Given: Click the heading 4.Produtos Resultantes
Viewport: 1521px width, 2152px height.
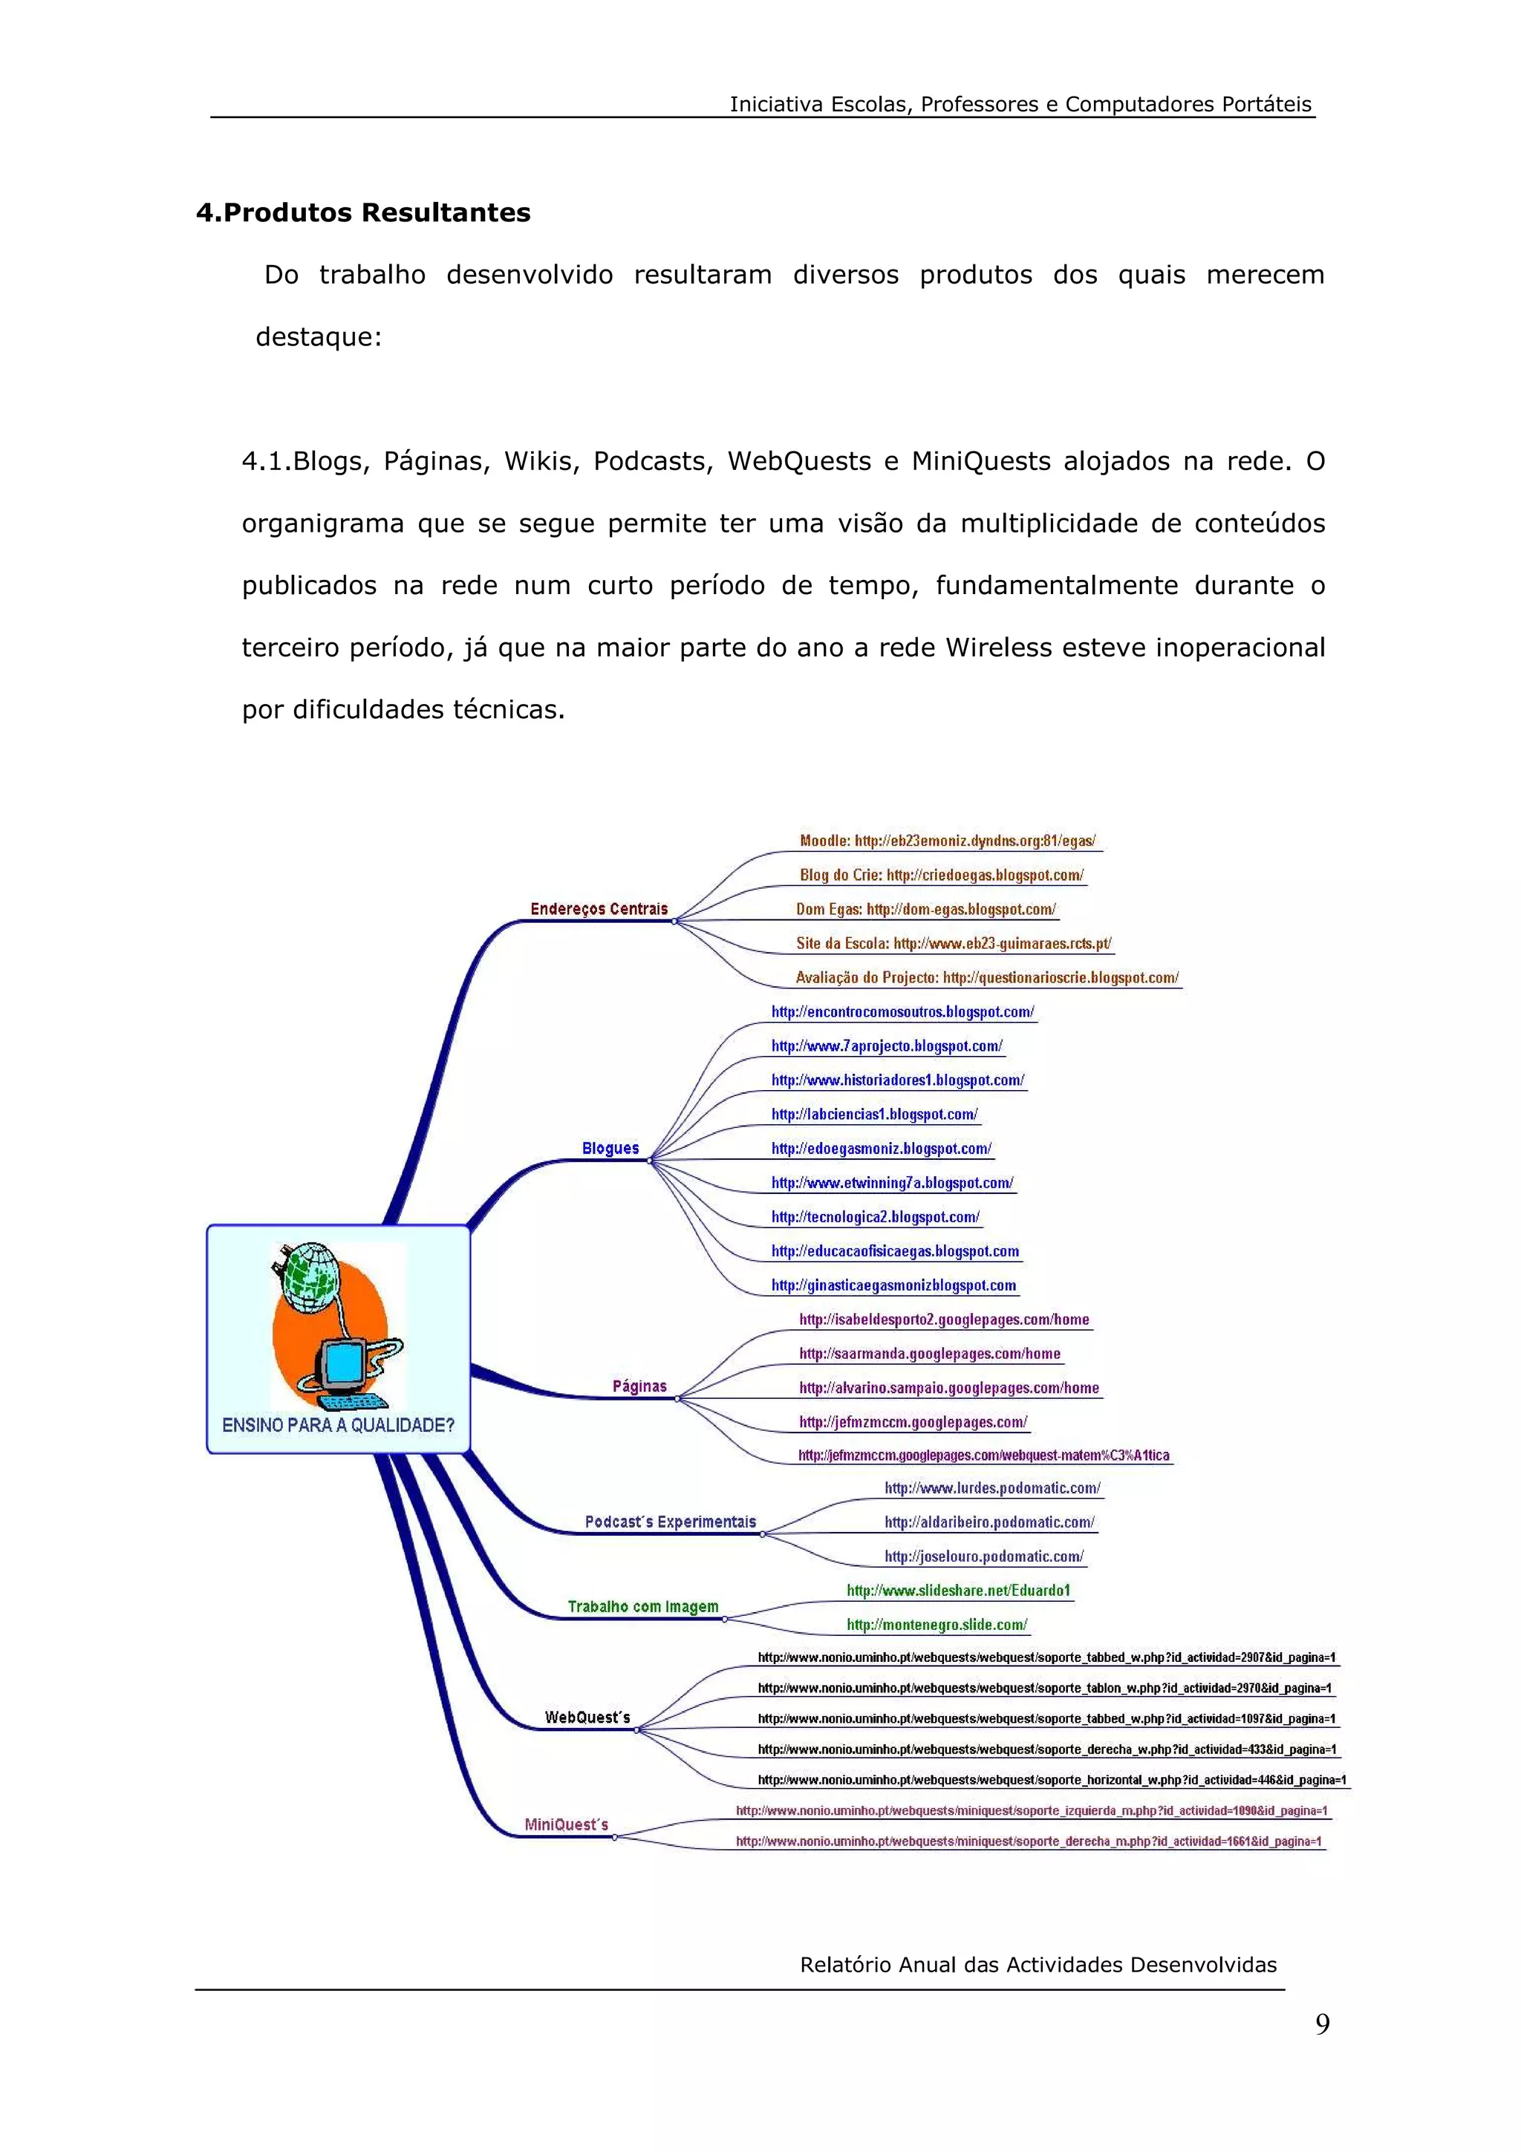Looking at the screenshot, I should (x=362, y=213).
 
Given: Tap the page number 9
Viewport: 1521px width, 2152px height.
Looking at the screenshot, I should (x=1321, y=2024).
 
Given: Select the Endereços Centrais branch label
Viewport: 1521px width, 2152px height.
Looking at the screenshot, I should (x=599, y=908).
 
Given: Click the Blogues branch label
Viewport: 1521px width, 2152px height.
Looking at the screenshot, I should (x=610, y=1148).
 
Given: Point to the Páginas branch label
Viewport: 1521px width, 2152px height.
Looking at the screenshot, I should (x=639, y=1386).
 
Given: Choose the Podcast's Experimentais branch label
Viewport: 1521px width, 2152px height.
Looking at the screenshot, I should (x=670, y=1522).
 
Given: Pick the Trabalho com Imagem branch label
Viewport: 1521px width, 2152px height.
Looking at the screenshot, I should (x=643, y=1606).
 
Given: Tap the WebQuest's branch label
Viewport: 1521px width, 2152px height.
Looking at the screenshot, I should (x=587, y=1717).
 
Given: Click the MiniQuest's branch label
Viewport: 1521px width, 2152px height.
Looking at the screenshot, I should (x=566, y=1824).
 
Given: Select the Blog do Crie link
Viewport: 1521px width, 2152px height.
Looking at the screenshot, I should (x=941, y=875).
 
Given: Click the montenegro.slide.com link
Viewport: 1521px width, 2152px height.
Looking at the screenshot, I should (x=937, y=1624).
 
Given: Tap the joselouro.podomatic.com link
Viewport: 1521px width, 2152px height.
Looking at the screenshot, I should (x=984, y=1556).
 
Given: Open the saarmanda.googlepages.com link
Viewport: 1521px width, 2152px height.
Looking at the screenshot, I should (x=930, y=1354).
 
